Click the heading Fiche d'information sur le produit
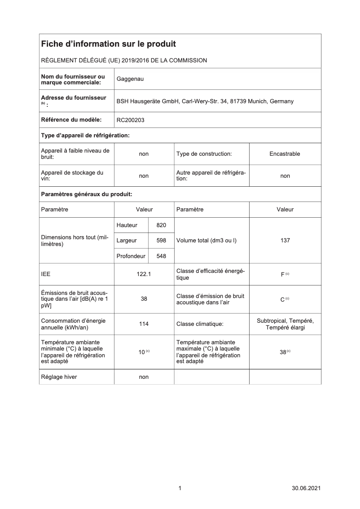click(108, 44)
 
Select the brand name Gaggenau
click(130, 79)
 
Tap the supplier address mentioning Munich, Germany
click(205, 101)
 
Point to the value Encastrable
click(285, 154)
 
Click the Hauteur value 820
click(161, 225)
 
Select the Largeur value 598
click(161, 241)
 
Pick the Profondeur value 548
click(161, 256)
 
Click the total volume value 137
click(285, 241)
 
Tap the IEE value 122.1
click(144, 275)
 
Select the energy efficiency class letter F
click(282, 275)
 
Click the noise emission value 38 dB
click(144, 299)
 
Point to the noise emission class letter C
click(282, 299)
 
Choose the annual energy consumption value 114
click(144, 324)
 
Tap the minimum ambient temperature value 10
click(141, 352)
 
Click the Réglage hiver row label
click(59, 377)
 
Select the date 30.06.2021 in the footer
click(306, 488)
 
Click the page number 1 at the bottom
click(180, 488)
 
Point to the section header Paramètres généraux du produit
click(86, 194)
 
